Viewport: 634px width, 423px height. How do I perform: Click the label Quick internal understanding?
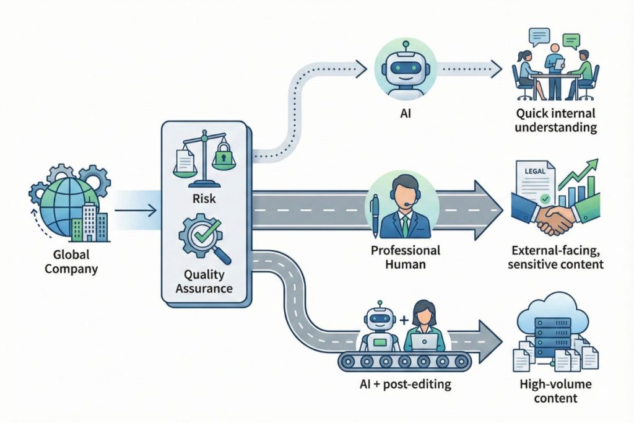555,121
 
